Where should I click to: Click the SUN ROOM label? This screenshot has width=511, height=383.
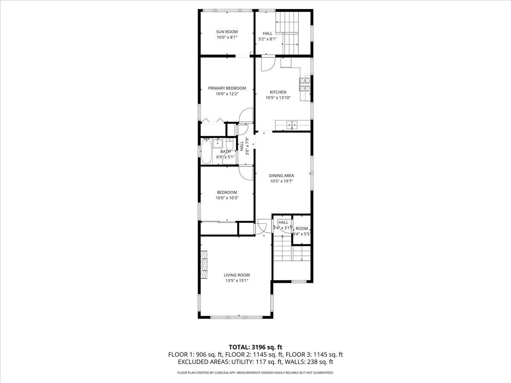coord(227,31)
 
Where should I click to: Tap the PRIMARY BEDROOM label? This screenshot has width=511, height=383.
coord(227,88)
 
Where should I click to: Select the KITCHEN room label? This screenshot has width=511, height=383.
coord(278,92)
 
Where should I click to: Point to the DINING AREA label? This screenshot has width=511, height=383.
coord(281,175)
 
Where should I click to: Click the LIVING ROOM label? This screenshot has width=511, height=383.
coord(237,275)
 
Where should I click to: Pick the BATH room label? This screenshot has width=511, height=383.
coord(225,151)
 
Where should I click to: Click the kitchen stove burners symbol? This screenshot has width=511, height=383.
coord(305,84)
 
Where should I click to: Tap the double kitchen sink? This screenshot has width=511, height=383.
coord(292,125)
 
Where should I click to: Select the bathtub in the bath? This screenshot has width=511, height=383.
coord(207,151)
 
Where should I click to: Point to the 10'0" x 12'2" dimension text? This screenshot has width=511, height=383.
coord(227,94)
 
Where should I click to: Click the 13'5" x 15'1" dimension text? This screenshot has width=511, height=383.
coord(237,280)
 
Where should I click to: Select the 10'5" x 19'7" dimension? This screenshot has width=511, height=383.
coord(281,181)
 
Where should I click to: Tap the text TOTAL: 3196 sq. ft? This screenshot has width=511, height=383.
coord(255,347)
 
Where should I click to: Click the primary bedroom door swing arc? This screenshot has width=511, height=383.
coord(246,116)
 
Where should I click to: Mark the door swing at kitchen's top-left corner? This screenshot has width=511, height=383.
coord(267,64)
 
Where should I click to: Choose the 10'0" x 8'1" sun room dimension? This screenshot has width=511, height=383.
coord(227,37)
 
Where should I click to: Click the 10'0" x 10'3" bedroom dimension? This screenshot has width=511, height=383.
coord(227,197)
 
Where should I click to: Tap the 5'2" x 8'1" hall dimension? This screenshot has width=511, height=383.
coord(267,39)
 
